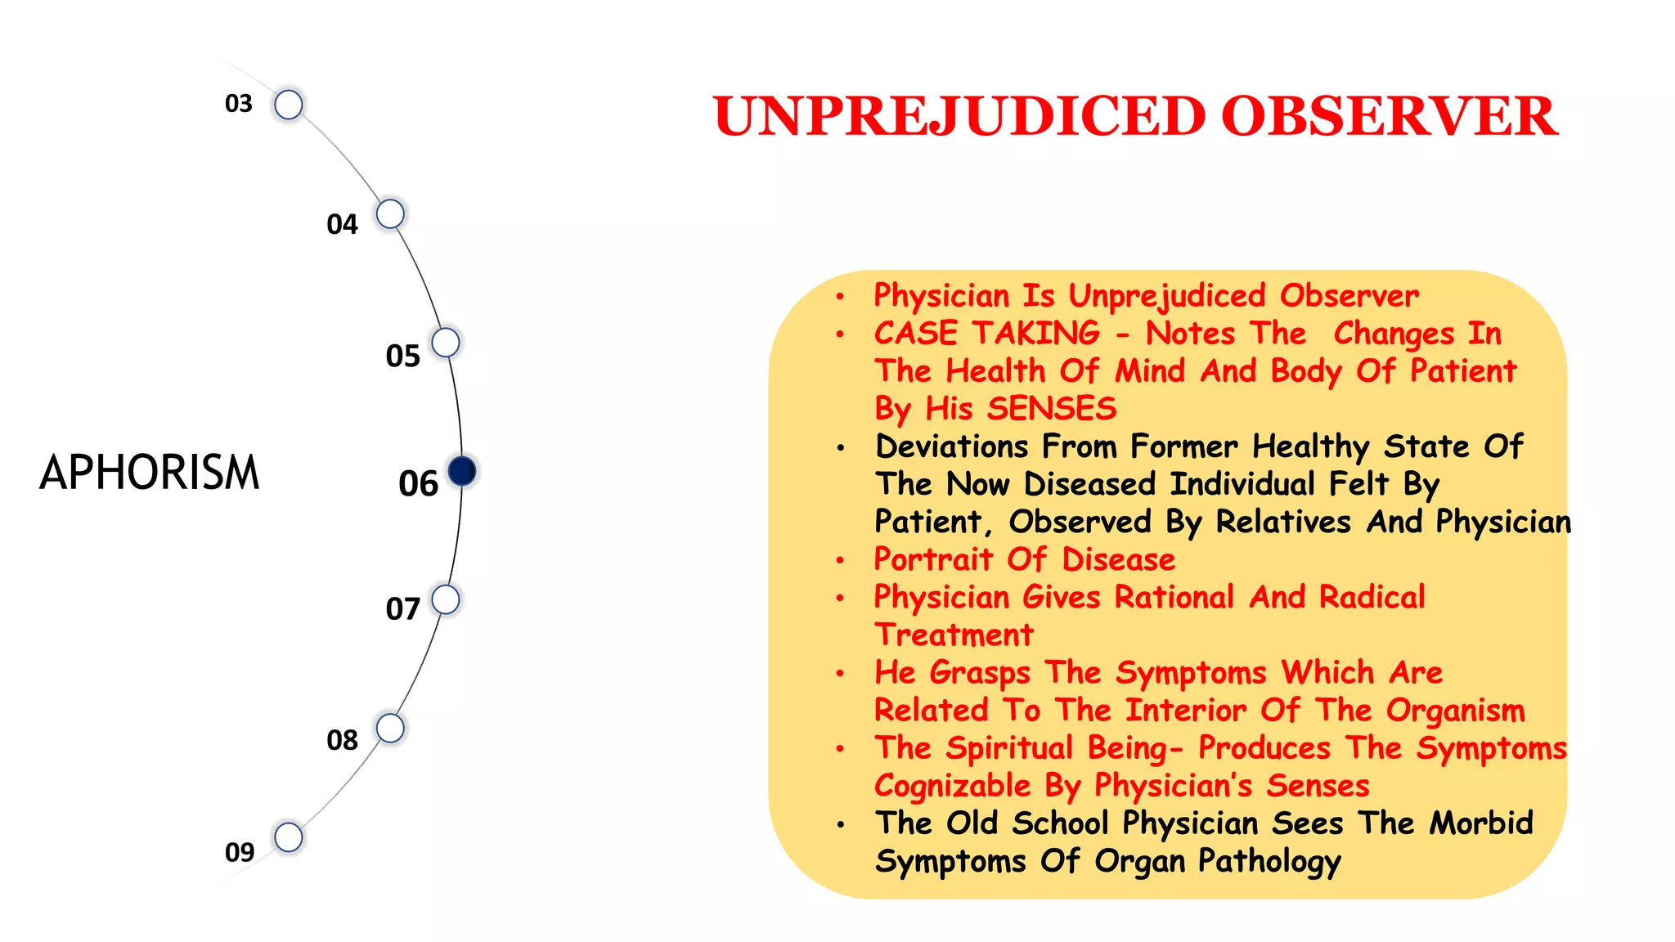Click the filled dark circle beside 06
pyautogui.click(x=462, y=471)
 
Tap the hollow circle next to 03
pyautogui.click(x=289, y=105)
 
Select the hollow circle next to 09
pyautogui.click(x=289, y=837)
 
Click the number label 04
pyautogui.click(x=342, y=224)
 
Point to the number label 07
pyautogui.click(x=402, y=609)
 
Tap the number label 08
pyautogui.click(x=342, y=740)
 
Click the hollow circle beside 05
pyautogui.click(x=446, y=342)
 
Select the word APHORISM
pyautogui.click(x=150, y=473)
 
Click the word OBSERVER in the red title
pyautogui.click(x=1389, y=116)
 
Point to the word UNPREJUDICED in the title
pyautogui.click(x=959, y=116)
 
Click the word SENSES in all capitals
pyautogui.click(x=1052, y=408)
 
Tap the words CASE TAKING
pyautogui.click(x=986, y=333)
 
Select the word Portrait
pyautogui.click(x=933, y=559)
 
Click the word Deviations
pyautogui.click(x=951, y=446)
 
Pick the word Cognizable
pyautogui.click(x=952, y=786)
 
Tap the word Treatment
pyautogui.click(x=954, y=635)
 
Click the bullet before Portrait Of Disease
pyautogui.click(x=840, y=560)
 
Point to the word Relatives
pyautogui.click(x=1283, y=522)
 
